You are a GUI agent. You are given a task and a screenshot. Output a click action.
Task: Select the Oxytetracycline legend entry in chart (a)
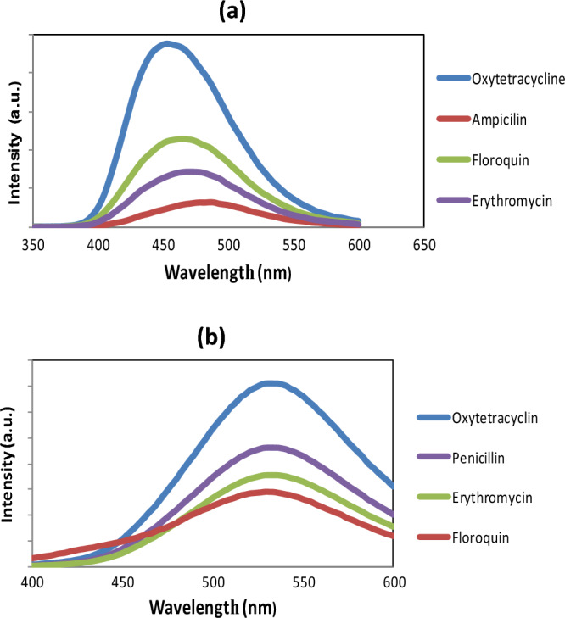pyautogui.click(x=517, y=79)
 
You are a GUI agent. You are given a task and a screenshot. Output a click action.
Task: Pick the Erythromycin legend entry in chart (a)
pyautogui.click(x=512, y=201)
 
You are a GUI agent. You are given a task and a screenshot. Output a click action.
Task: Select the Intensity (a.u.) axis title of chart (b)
pyautogui.click(x=14, y=465)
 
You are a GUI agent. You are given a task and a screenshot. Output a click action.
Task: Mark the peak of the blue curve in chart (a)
pyautogui.click(x=167, y=44)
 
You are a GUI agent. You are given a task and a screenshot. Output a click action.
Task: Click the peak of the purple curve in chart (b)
pyautogui.click(x=270, y=448)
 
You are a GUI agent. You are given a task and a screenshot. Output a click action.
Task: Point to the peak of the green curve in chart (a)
pyautogui.click(x=182, y=139)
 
